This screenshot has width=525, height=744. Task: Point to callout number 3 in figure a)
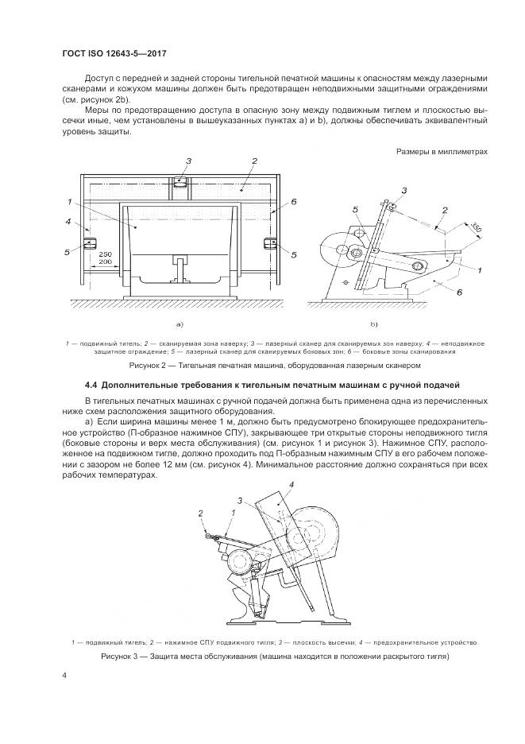coord(189,161)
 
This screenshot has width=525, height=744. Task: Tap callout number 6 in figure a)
coord(293,203)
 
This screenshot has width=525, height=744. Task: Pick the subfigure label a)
coord(180,324)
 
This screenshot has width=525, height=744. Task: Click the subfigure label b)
coord(373,324)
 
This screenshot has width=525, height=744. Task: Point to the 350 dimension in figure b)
coord(473,228)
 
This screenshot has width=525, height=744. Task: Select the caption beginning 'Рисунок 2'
coord(273,365)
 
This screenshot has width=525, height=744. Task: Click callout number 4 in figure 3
coord(291,484)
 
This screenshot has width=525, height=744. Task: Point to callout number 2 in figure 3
coord(201,513)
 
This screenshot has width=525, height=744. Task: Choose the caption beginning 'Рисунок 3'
coord(275,657)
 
